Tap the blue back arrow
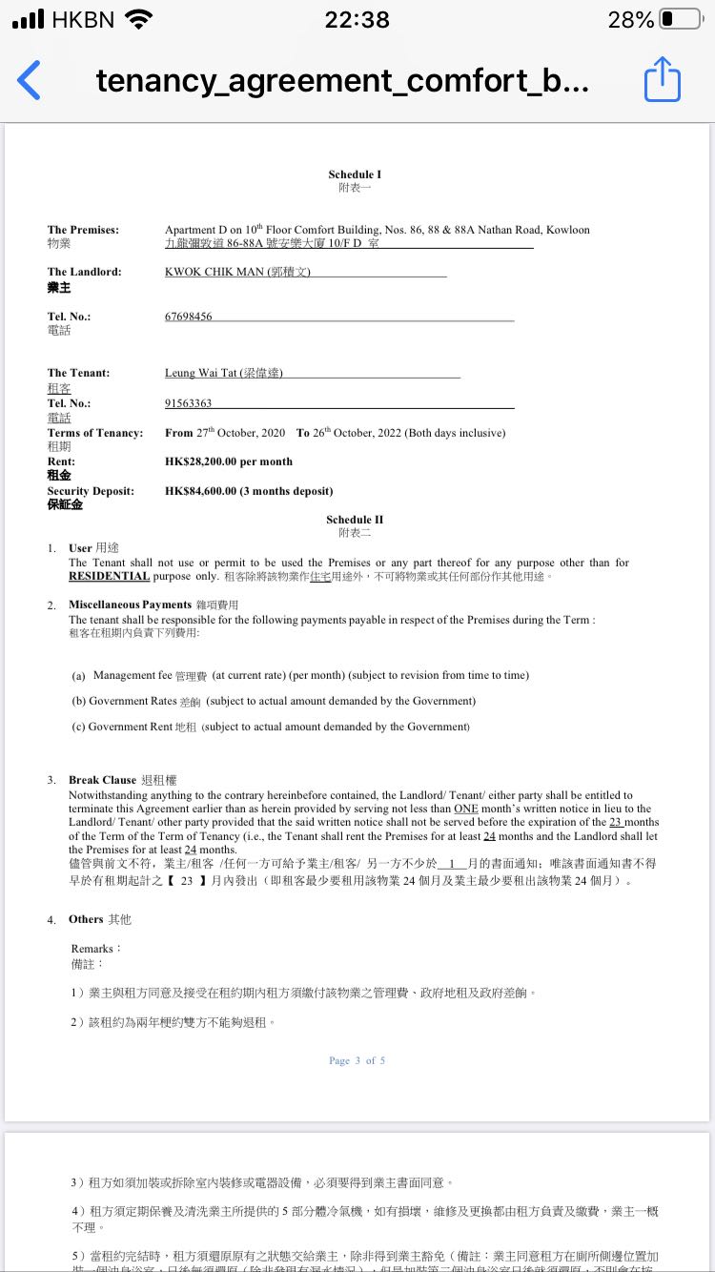pos(30,80)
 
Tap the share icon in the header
pos(663,80)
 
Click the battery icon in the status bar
pos(680,19)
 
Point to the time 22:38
pos(357,19)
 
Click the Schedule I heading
pos(355,174)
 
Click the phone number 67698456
pos(189,317)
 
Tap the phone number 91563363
pos(189,403)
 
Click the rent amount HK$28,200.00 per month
pos(229,462)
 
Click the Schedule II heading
pos(355,520)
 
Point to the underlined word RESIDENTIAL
pos(110,576)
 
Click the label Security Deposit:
pos(91,491)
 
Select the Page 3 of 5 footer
pos(357,1060)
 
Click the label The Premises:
pos(83,230)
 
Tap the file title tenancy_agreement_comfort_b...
pos(342,81)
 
